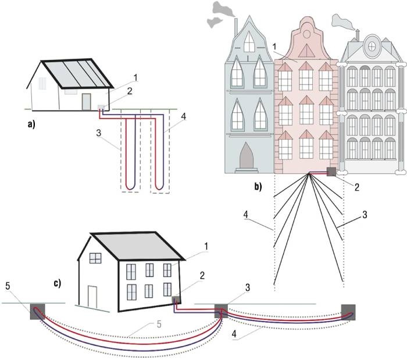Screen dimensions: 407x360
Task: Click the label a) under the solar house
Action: pyautogui.click(x=31, y=124)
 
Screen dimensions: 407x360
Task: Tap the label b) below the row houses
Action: pyautogui.click(x=258, y=187)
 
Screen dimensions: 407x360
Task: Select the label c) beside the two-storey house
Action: pyautogui.click(x=58, y=283)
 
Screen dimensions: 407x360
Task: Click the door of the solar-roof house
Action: pyautogui.click(x=87, y=102)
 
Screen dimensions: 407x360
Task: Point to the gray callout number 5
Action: pyautogui.click(x=159, y=324)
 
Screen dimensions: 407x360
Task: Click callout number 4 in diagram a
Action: pyautogui.click(x=184, y=117)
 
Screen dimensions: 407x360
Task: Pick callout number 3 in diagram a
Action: pyautogui.click(x=99, y=133)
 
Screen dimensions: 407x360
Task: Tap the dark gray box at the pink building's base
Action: pyautogui.click(x=331, y=172)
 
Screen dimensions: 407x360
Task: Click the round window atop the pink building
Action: pyautogui.click(x=306, y=34)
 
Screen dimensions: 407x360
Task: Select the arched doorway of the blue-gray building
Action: pyautogui.click(x=247, y=155)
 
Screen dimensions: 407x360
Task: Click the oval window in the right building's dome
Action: pyautogui.click(x=372, y=47)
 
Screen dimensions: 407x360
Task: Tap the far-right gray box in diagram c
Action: pyautogui.click(x=348, y=312)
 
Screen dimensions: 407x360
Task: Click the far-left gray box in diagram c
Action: pyautogui.click(x=38, y=312)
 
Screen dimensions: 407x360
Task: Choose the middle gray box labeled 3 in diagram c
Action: pyautogui.click(x=221, y=311)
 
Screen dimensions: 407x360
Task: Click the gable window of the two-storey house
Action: pyautogui.click(x=95, y=258)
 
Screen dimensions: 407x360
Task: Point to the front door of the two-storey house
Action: pyautogui.click(x=92, y=297)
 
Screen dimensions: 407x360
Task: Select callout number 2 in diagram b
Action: pyautogui.click(x=357, y=187)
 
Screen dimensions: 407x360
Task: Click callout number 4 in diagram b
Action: pyautogui.click(x=246, y=215)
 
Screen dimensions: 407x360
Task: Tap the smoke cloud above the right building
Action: pyautogui.click(x=342, y=22)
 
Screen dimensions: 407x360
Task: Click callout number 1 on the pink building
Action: pyautogui.click(x=274, y=47)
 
